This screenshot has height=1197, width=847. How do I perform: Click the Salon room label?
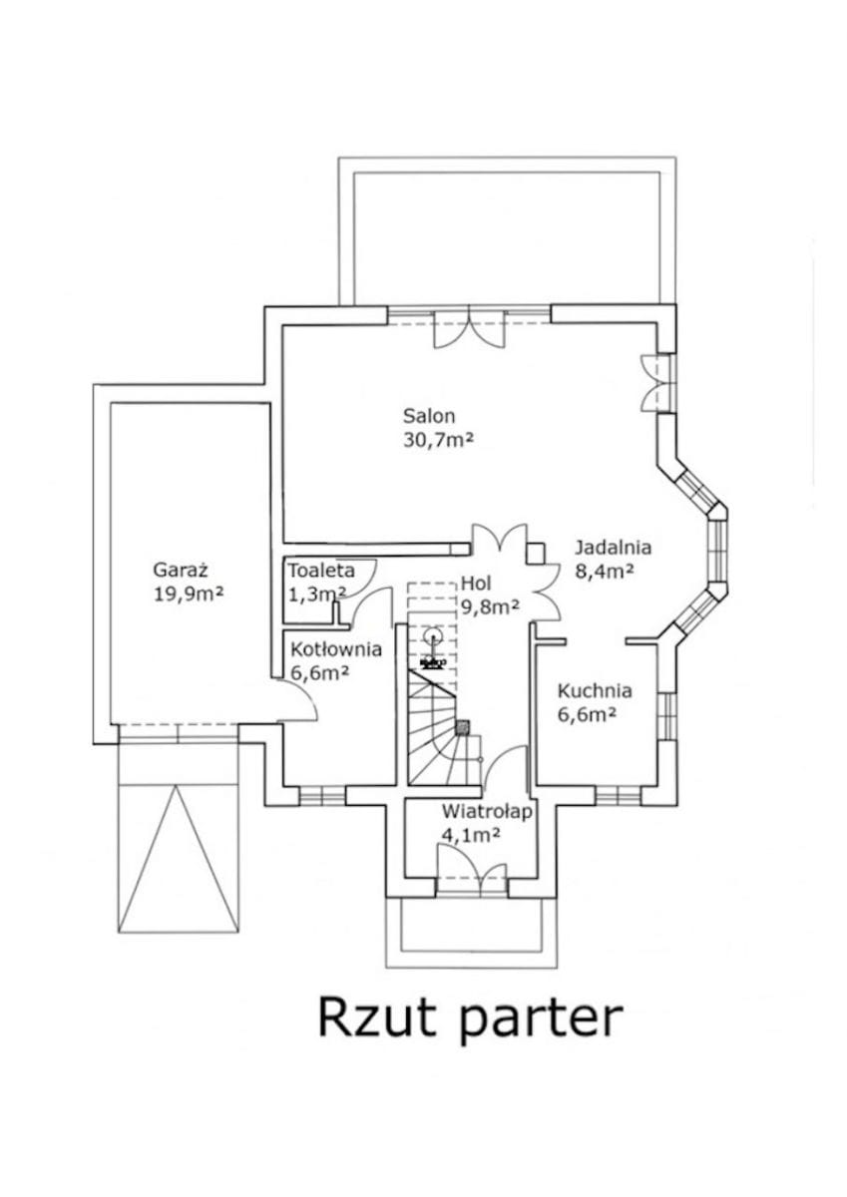coord(429,415)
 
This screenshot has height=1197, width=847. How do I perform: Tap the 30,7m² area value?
coord(438,440)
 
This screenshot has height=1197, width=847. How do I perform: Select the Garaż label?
coord(181,570)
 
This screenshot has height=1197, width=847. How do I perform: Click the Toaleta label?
coord(321,571)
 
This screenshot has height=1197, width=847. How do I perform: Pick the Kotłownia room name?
coord(336,649)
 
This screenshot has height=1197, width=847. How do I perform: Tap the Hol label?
coord(476,582)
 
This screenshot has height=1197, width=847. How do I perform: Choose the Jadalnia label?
coord(613,548)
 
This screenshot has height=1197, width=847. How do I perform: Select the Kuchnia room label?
coord(595,690)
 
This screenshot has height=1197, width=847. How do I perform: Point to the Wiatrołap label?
coord(488,811)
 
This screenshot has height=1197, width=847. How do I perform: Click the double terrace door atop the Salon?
coord(469,327)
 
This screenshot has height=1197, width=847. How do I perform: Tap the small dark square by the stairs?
coord(463,727)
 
